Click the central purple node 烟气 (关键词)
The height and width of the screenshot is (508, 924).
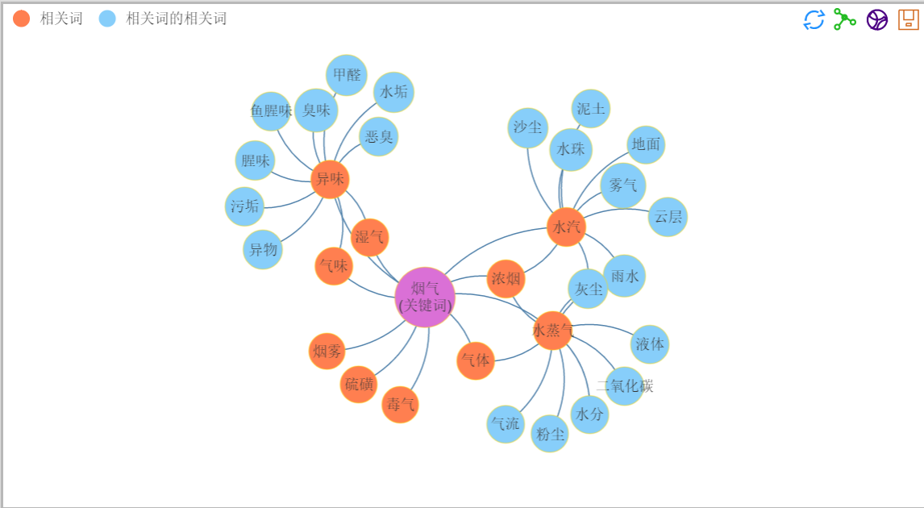[425, 298]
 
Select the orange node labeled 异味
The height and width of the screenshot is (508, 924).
[330, 179]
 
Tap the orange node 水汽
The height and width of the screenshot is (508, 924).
[566, 227]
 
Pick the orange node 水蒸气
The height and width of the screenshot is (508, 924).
[553, 331]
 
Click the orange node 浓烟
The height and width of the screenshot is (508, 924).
[506, 279]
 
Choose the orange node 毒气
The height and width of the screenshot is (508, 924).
[400, 404]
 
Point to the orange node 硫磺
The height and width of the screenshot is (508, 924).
[359, 384]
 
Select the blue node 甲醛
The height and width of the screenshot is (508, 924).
[347, 75]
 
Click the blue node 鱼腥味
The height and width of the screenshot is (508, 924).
[271, 111]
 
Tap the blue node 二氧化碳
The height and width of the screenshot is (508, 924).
[625, 386]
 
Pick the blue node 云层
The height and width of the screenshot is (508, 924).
[668, 217]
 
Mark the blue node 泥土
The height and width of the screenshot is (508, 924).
[591, 109]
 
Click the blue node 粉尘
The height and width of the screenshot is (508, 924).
[550, 434]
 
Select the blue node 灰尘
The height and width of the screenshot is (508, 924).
[589, 289]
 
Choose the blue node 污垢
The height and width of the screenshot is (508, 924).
[244, 206]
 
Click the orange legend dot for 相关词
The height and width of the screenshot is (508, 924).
[23, 19]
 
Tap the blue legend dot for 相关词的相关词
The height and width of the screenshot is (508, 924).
[107, 19]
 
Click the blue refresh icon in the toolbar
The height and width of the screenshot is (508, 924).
[814, 19]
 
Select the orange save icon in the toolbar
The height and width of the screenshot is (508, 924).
[909, 19]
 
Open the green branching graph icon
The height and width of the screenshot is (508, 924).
[844, 19]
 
